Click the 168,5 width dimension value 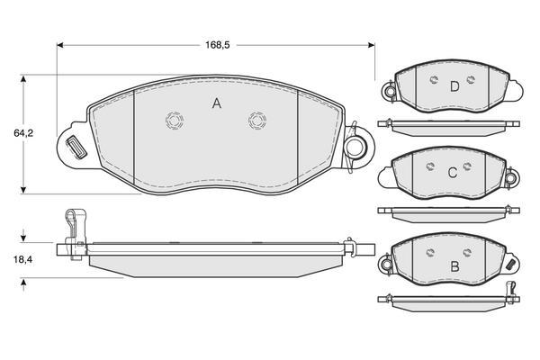pyautogui.click(x=217, y=45)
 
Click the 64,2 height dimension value pyautogui.click(x=23, y=133)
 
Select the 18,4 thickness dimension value pyautogui.click(x=23, y=259)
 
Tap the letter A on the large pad pyautogui.click(x=217, y=103)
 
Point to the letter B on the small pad pyautogui.click(x=454, y=266)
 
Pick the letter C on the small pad pyautogui.click(x=453, y=172)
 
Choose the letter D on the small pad pyautogui.click(x=454, y=86)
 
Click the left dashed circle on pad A pyautogui.click(x=175, y=121)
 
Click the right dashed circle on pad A pyautogui.click(x=257, y=121)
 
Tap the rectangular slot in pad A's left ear pyautogui.click(x=76, y=148)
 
